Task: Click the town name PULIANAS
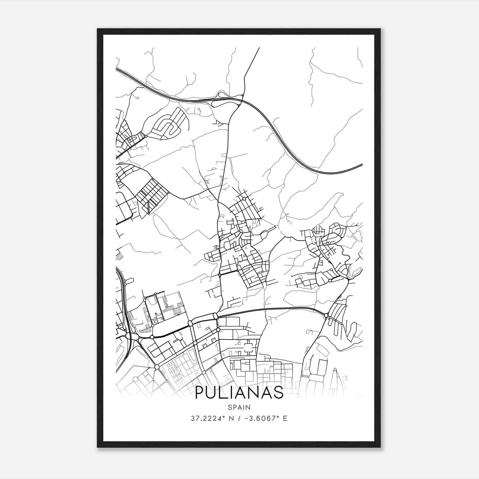(239, 392)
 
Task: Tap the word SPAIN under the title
(239, 407)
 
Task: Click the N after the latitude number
(231, 419)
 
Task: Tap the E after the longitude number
(285, 419)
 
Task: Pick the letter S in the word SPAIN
(230, 407)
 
